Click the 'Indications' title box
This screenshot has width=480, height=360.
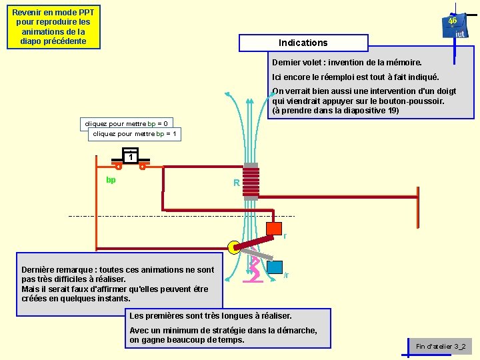303,43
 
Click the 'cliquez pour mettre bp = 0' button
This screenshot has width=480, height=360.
126,123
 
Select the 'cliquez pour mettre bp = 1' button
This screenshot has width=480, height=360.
135,134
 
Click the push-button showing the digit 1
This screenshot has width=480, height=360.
131,157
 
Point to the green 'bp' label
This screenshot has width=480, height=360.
111,180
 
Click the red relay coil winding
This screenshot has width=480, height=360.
251,182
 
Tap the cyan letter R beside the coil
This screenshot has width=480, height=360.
236,183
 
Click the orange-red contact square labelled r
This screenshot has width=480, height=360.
273,228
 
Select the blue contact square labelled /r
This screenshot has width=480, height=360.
274,265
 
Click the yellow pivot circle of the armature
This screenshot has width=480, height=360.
234,248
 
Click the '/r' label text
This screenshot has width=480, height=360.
286,275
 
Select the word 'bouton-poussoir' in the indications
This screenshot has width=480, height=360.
411,101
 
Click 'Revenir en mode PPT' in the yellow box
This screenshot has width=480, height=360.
53,13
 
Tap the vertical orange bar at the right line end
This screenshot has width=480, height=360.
419,206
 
